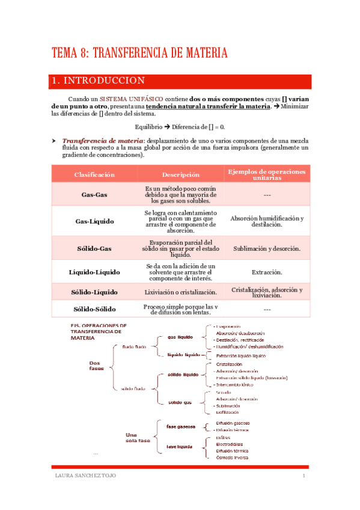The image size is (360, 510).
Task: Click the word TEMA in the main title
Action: [64, 54]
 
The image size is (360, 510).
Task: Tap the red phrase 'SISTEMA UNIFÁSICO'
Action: [130, 98]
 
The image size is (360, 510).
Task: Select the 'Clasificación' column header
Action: [94, 174]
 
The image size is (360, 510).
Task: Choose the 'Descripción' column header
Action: [181, 174]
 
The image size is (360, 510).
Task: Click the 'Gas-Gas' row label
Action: [94, 195]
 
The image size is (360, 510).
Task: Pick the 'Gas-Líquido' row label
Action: [94, 221]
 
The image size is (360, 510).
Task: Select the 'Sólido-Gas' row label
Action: [94, 248]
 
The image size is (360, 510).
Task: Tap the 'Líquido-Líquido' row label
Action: [94, 272]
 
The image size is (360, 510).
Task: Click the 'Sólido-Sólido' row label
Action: [94, 309]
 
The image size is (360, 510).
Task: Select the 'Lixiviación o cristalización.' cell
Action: [181, 292]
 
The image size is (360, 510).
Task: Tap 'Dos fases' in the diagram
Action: [97, 366]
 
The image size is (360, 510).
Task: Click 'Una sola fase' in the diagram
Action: [138, 437]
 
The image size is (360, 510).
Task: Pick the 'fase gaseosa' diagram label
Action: [181, 426]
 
